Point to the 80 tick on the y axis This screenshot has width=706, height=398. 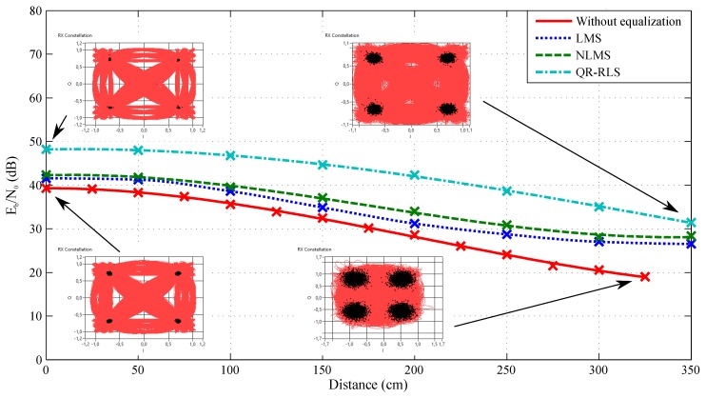(x=31, y=10)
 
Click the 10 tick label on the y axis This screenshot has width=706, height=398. (x=31, y=316)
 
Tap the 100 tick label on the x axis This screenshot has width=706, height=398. (x=230, y=369)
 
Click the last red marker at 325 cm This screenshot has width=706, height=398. (x=645, y=276)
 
